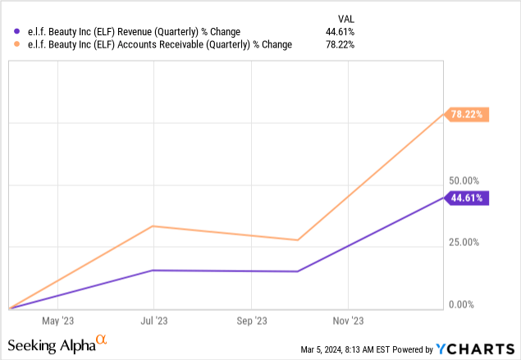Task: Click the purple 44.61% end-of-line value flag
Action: click(x=468, y=198)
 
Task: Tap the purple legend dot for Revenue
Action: click(x=8, y=33)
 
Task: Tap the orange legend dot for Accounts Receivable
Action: click(x=8, y=46)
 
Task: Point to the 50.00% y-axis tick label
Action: click(x=464, y=180)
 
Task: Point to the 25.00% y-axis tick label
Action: click(x=464, y=243)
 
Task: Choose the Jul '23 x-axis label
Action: click(x=154, y=321)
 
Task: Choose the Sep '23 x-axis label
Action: click(x=252, y=321)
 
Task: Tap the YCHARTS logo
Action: click(x=483, y=349)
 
